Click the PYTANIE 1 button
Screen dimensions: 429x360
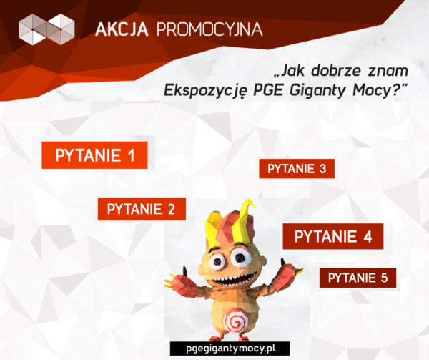tap(94, 155)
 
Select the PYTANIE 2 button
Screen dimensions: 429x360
tap(142, 209)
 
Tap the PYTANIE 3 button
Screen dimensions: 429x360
tap(297, 169)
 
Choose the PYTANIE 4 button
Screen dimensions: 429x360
tap(333, 236)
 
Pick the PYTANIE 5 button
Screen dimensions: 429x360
tap(358, 278)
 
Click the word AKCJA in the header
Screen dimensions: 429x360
tap(122, 29)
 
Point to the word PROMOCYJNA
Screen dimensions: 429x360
tap(209, 29)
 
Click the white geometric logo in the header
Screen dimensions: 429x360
tap(46, 29)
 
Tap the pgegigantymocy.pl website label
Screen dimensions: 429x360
tap(230, 349)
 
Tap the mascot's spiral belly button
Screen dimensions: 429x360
tap(235, 318)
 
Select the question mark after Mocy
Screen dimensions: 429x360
tap(396, 89)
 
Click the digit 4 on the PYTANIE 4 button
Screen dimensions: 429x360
tap(368, 236)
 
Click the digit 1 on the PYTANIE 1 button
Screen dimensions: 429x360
tap(132, 155)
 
